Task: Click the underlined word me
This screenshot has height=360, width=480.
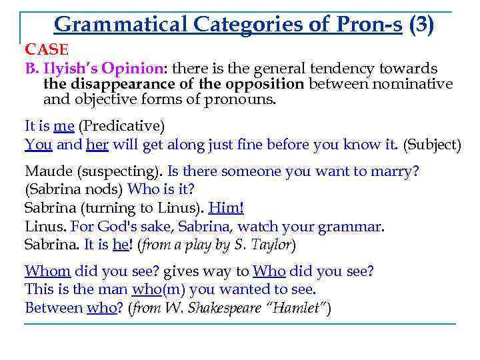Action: pyautogui.click(x=65, y=125)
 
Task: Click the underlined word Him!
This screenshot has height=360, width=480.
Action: pyautogui.click(x=226, y=207)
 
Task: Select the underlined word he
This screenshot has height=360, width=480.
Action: pyautogui.click(x=120, y=244)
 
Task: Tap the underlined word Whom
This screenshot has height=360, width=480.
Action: pyautogui.click(x=47, y=271)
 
